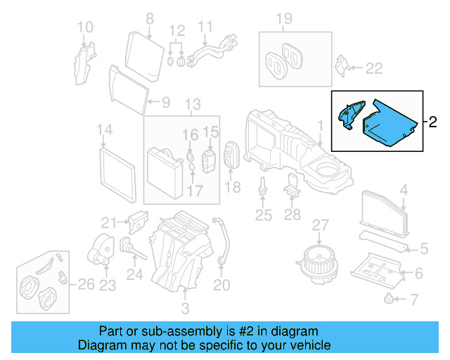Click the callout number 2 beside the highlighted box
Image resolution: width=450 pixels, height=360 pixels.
coord(433,122)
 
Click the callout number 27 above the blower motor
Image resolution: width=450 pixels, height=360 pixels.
coord(321,225)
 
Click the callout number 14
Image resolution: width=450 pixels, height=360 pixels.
coord(104,130)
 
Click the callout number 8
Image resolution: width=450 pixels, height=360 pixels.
coord(149,18)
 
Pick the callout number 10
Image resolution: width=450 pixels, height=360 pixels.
coord(84,28)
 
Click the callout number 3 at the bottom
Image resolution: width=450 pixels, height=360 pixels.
coord(185,308)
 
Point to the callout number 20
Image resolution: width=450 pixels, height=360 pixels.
coord(221,285)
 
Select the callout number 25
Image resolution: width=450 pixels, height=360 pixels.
coord(263,216)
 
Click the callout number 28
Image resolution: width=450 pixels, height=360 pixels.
coord(292,216)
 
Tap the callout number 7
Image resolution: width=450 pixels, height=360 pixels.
coord(413,301)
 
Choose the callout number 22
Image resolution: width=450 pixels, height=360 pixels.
coord(374,68)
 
